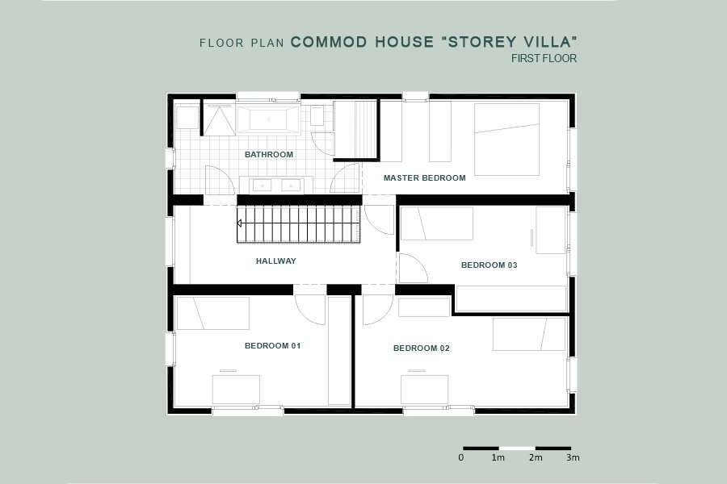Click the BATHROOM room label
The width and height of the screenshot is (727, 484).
[269, 154]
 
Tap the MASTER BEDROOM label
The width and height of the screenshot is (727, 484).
[425, 177]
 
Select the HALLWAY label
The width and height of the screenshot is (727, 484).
[276, 261]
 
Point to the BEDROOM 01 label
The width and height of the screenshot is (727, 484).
[273, 345]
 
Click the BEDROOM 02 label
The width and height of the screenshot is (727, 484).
[422, 348]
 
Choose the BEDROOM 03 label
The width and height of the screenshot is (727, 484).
[490, 265]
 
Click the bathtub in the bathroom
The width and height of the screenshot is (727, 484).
[268, 119]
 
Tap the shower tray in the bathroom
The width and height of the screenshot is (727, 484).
[218, 120]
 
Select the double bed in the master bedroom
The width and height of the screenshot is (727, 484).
[506, 139]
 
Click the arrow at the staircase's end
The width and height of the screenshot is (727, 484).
[239, 223]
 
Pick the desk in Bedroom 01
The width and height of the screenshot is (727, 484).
[236, 390]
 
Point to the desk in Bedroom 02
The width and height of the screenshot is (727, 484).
[424, 390]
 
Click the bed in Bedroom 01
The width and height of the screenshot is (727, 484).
[213, 313]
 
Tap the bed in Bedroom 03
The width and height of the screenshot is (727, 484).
[437, 223]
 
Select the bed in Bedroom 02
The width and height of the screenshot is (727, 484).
[529, 334]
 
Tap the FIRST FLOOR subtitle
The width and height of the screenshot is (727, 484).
[544, 58]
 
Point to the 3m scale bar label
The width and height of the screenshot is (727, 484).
[573, 457]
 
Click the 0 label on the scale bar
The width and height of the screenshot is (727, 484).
[461, 457]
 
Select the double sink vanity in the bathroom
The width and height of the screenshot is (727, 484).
[276, 186]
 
